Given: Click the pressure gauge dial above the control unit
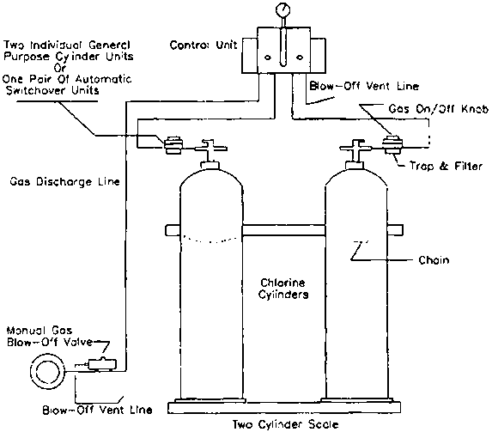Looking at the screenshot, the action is [x=283, y=9].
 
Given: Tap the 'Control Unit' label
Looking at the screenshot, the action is [x=203, y=46].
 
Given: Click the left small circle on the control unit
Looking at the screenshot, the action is [x=268, y=58].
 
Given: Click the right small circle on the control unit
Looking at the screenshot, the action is [x=300, y=58].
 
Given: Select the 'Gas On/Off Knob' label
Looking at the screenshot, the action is [x=439, y=108].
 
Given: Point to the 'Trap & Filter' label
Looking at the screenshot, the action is [x=446, y=166].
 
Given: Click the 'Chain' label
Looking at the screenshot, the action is [x=434, y=260].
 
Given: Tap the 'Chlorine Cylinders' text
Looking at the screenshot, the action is [x=283, y=289].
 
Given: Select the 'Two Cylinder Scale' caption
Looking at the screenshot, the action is [x=286, y=424].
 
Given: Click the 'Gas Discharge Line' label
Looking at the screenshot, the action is [x=64, y=182].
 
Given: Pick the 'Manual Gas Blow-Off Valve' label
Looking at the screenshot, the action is [x=50, y=336].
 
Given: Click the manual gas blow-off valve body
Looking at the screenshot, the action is [x=102, y=363].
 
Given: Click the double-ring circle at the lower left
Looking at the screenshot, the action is [x=48, y=372].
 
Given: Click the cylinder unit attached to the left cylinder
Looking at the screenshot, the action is [x=173, y=145].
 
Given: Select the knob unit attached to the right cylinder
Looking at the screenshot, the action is [x=391, y=145].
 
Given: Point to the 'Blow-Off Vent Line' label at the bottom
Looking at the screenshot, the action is [x=97, y=410].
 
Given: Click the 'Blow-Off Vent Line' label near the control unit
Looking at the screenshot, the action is [x=364, y=86].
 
